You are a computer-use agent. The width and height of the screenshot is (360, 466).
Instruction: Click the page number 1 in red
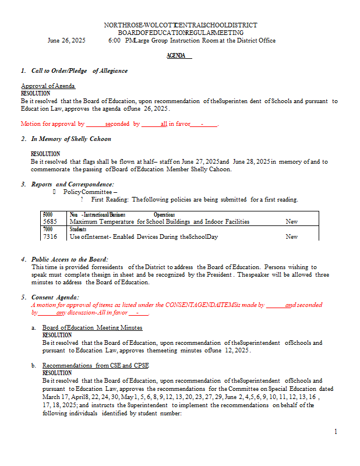coord(336,432)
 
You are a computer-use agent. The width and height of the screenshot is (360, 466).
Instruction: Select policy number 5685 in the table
coord(50,221)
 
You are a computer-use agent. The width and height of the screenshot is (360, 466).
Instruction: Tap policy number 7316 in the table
coord(50,236)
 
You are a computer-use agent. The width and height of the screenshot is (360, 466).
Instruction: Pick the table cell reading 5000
coord(48,214)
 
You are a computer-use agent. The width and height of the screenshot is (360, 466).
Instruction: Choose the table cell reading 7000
coord(48,230)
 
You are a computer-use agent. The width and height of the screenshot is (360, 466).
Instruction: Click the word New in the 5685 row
coord(292,221)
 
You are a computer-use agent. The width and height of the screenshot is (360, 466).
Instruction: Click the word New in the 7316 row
coord(292,236)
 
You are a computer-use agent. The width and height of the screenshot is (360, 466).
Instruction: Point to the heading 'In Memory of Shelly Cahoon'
coord(71,139)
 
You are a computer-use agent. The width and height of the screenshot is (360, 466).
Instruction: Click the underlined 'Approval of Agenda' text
coord(48,86)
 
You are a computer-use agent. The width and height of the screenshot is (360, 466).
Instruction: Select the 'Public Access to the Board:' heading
coord(69,259)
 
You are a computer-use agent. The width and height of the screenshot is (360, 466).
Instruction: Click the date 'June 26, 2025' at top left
coord(66,41)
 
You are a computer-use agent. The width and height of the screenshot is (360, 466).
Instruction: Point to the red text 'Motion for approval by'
coord(53,123)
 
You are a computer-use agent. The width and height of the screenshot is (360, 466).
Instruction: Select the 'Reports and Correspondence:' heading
coord(72,184)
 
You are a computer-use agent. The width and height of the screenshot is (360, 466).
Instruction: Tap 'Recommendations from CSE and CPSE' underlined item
coord(96,366)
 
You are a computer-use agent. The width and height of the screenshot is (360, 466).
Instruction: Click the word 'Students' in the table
coord(78,230)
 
